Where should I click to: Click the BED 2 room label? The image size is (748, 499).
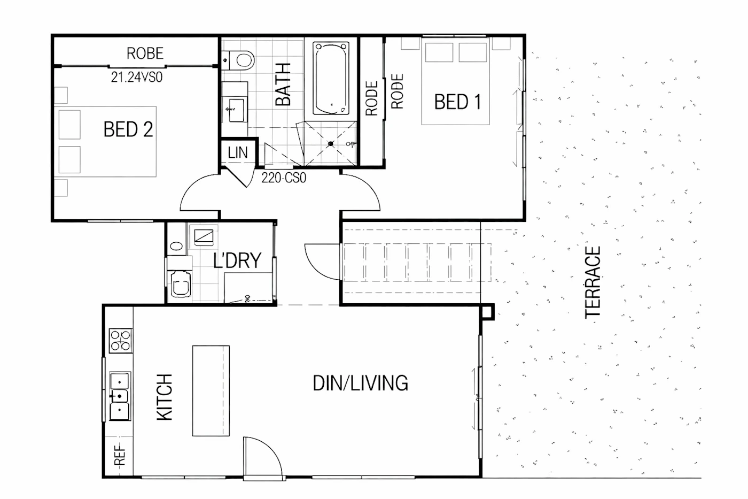pyautogui.click(x=128, y=129)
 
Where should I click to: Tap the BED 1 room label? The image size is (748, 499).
pyautogui.click(x=457, y=102)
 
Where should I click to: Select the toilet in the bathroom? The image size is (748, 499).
pyautogui.click(x=238, y=60)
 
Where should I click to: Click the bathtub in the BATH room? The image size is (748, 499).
pyautogui.click(x=331, y=78)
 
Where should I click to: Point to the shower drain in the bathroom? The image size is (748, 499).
pyautogui.click(x=331, y=144)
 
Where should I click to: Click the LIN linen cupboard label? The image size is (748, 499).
pyautogui.click(x=238, y=153)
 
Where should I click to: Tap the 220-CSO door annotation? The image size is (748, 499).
pyautogui.click(x=284, y=178)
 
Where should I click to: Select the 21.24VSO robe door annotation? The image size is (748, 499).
pyautogui.click(x=137, y=77)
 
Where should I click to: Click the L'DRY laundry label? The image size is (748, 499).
pyautogui.click(x=237, y=260)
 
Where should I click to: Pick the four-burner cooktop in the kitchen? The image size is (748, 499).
pyautogui.click(x=121, y=341)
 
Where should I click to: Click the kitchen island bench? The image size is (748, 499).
pyautogui.click(x=211, y=391)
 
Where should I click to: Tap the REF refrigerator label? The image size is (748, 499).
pyautogui.click(x=120, y=455)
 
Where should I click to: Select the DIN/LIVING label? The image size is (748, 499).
pyautogui.click(x=360, y=383)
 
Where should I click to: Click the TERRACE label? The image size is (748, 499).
pyautogui.click(x=593, y=282)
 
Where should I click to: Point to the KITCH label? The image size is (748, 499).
pyautogui.click(x=165, y=397)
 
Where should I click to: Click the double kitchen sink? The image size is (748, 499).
pyautogui.click(x=120, y=396)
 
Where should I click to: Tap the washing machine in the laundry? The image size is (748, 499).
pyautogui.click(x=181, y=285)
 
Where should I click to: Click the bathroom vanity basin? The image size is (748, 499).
pyautogui.click(x=236, y=110)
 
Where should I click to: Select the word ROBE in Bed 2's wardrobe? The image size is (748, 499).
pyautogui.click(x=145, y=53)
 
